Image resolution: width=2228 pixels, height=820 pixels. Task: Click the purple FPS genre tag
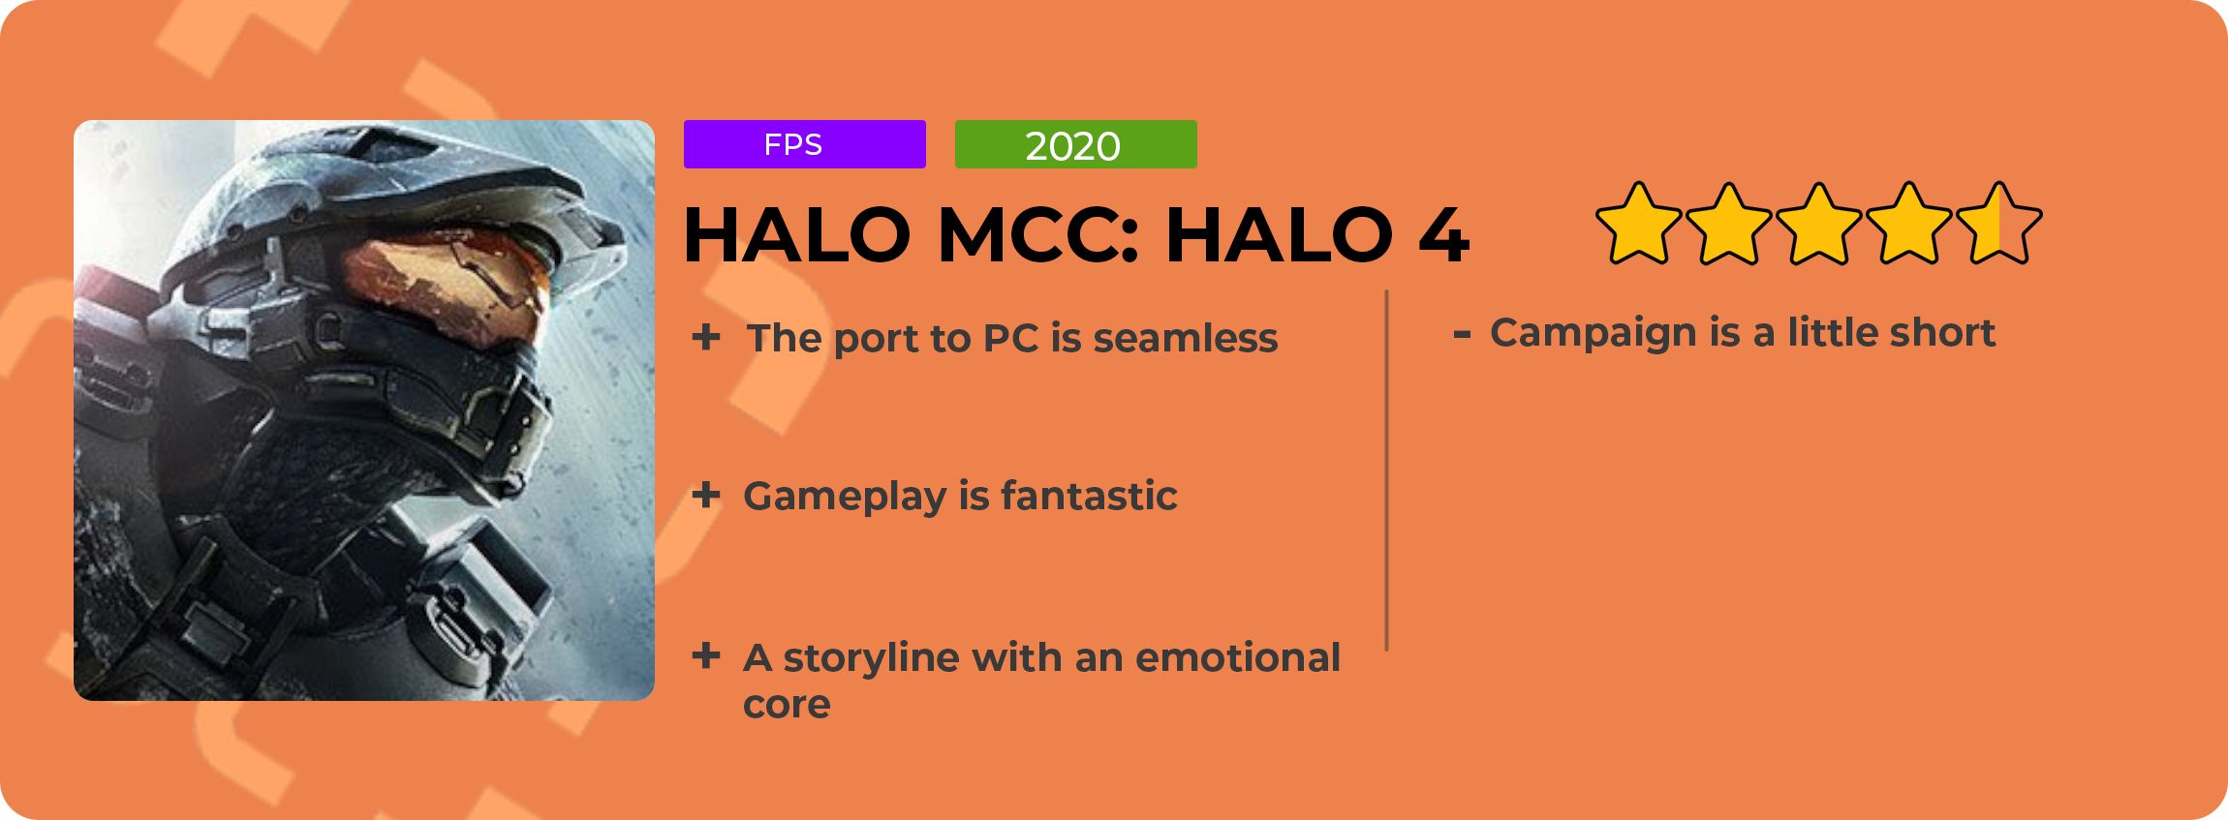pyautogui.click(x=804, y=144)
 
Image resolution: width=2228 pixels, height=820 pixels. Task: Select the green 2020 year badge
pyautogui.click(x=1075, y=144)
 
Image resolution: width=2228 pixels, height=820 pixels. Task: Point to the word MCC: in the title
pyautogui.click(x=1037, y=235)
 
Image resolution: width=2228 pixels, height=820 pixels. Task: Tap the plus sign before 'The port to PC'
pyautogui.click(x=706, y=337)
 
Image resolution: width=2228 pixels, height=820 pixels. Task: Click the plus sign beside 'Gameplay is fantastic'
pyautogui.click(x=706, y=496)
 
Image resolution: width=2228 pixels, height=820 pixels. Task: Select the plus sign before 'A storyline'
pyautogui.click(x=706, y=655)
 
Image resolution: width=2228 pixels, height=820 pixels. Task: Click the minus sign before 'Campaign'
pyautogui.click(x=1462, y=334)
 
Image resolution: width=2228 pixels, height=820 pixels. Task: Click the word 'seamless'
pyautogui.click(x=1186, y=338)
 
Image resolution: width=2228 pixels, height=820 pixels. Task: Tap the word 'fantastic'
pyautogui.click(x=1089, y=496)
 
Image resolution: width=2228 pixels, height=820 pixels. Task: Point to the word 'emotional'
pyautogui.click(x=1238, y=657)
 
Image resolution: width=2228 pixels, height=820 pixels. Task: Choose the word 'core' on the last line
pyautogui.click(x=787, y=706)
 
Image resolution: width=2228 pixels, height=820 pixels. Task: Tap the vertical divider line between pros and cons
pyautogui.click(x=1387, y=471)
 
